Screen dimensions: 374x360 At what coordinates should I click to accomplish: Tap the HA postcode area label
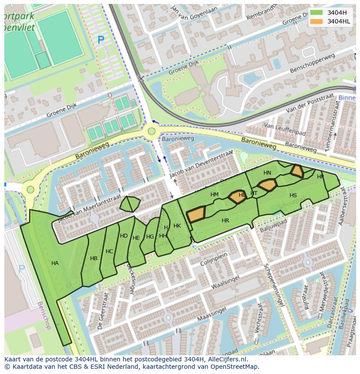[55, 263]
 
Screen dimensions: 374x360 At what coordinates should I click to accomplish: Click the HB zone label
[93, 258]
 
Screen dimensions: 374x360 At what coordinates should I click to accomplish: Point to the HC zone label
[109, 252]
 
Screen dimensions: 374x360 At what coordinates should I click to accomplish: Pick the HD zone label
[124, 236]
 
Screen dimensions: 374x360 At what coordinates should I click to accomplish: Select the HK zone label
[177, 226]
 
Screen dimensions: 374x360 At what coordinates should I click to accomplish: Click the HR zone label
[225, 221]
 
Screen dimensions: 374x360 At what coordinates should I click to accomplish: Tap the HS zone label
[293, 195]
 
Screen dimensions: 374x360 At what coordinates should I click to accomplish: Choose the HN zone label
[267, 173]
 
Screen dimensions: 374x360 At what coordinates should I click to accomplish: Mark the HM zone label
[214, 195]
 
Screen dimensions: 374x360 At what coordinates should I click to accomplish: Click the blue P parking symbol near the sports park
[101, 40]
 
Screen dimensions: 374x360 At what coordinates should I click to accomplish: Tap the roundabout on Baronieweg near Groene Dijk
[151, 130]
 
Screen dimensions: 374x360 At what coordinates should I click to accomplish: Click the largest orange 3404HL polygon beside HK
[196, 214]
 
